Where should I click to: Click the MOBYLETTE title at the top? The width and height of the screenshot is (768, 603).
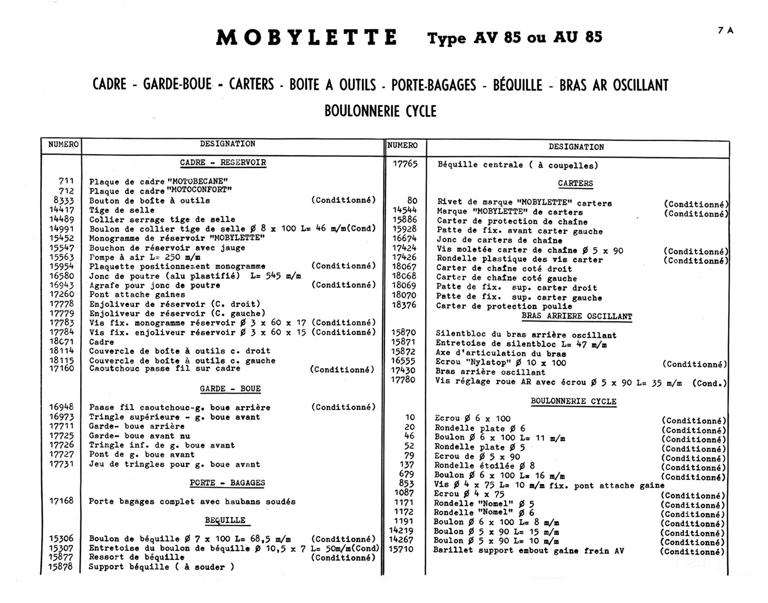click(x=307, y=38)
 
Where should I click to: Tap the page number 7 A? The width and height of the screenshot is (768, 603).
click(x=725, y=30)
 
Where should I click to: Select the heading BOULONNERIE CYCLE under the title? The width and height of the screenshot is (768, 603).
click(x=380, y=111)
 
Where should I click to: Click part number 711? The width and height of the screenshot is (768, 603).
click(x=66, y=181)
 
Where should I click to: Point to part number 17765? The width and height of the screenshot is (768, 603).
click(x=404, y=164)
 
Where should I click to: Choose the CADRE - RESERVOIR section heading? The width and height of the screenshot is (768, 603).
click(x=223, y=162)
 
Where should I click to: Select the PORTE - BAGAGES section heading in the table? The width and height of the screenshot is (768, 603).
click(x=227, y=483)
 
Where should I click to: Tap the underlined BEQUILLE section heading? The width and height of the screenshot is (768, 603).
click(x=225, y=520)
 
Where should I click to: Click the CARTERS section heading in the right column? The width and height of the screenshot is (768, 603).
click(x=575, y=183)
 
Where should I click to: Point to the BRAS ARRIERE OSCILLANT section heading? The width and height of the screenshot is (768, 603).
click(x=577, y=317)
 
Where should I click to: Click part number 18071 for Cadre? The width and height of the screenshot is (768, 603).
click(x=62, y=342)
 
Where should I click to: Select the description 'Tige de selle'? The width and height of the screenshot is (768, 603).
click(x=122, y=210)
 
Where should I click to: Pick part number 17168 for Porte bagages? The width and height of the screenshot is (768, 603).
click(x=62, y=501)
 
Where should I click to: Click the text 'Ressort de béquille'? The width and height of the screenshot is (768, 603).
click(x=136, y=557)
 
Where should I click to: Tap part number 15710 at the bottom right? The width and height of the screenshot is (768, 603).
click(x=401, y=550)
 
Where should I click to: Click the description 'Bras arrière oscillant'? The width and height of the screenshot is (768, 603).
click(x=490, y=372)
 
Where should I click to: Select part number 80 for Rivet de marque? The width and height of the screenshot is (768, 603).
click(x=412, y=201)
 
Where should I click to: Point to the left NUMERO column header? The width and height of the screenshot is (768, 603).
click(x=63, y=145)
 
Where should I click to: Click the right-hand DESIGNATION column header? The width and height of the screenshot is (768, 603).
click(x=576, y=147)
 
